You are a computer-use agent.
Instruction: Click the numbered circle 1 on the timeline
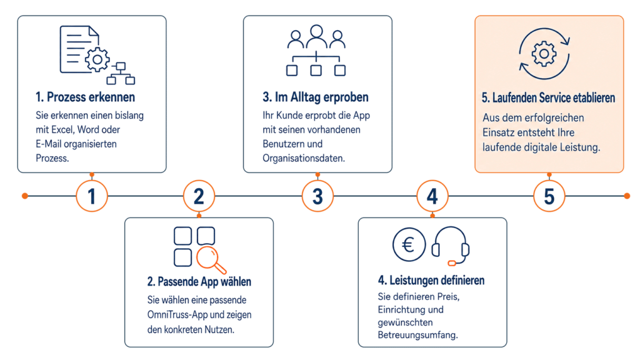92,196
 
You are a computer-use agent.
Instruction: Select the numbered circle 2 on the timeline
199,196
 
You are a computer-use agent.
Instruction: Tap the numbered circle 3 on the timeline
317,196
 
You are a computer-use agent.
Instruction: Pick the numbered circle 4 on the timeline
432,196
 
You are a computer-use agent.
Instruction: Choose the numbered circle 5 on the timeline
549,196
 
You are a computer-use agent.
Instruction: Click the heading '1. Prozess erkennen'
85,97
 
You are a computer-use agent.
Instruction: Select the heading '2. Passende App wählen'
199,282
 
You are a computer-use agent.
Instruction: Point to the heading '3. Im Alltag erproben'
316,97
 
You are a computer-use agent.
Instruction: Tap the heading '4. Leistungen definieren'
431,281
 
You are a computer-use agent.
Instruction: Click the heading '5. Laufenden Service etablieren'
548,98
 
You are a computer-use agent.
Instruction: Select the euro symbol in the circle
409,244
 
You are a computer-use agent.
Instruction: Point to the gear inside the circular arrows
544,54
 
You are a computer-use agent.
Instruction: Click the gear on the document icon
97,59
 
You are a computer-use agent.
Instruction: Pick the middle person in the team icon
316,36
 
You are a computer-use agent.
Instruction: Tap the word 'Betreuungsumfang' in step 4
417,335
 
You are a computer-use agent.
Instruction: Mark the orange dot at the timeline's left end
25,196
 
